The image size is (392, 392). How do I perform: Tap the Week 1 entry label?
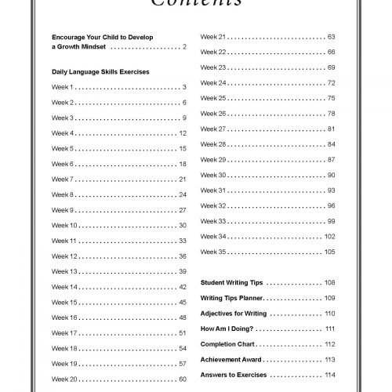coord(63,87)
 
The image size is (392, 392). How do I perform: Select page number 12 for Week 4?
coord(182,133)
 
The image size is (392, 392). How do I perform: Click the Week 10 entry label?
coord(64,225)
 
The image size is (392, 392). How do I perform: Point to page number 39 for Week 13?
coord(182,271)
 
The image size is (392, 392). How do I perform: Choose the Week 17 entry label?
coord(64,332)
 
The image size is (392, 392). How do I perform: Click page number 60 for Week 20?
coord(182,379)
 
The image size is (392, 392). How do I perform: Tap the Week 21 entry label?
coord(213,37)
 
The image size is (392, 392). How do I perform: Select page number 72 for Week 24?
coord(331,82)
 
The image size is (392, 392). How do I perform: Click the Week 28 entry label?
coord(213,144)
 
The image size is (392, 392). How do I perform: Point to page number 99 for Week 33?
coord(331,220)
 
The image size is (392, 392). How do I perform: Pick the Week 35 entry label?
coord(213,252)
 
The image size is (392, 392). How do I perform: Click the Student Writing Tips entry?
coord(231,282)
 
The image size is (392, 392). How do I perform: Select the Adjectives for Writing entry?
coord(234,314)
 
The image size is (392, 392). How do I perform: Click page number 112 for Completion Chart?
coord(329,344)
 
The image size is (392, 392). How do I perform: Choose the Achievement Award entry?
coord(230,359)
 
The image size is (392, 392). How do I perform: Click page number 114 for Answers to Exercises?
coord(329,375)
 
